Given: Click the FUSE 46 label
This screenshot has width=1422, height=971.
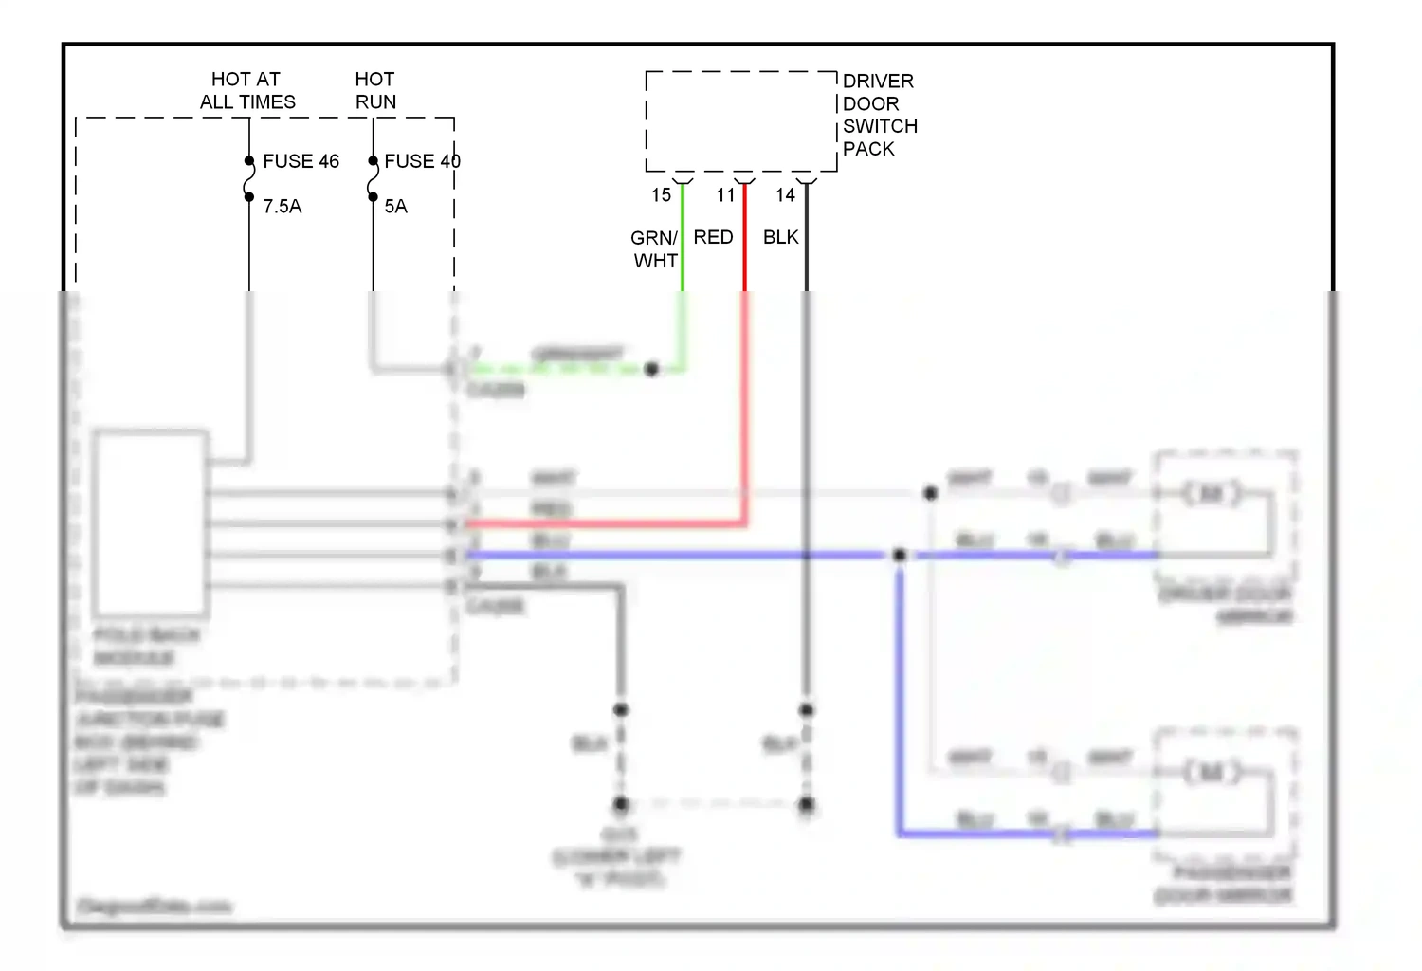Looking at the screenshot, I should coord(301,161).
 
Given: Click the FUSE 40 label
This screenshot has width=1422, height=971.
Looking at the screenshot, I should coord(422,161).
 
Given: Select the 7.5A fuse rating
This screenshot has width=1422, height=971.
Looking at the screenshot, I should coord(282,207).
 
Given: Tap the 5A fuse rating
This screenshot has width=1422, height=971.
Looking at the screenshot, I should coord(395,207).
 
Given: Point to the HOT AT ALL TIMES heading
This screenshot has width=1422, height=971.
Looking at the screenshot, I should coord(247,90).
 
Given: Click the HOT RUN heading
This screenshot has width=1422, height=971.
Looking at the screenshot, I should coord(375,90).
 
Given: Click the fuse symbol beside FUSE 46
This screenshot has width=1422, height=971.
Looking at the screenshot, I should coord(249,179).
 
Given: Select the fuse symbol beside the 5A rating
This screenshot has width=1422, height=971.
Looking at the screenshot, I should coord(373,179).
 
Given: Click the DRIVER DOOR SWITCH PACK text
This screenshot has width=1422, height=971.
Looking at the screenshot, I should coord(879,115).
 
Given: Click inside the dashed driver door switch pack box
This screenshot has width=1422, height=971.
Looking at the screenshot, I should coord(740,120).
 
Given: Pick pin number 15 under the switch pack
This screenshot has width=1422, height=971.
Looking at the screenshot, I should coord(661,195).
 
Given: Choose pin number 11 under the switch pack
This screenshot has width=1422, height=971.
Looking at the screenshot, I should coord(725,195).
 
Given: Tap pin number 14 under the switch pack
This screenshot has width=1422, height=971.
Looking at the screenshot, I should coord(785,195).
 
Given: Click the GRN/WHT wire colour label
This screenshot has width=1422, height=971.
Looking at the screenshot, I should coord(655,249).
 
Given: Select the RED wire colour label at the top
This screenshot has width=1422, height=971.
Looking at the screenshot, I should coord(713,237).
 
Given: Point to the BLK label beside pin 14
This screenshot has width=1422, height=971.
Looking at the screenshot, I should coord(780,237).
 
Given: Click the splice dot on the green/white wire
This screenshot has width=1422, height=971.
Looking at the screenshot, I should coord(651,370).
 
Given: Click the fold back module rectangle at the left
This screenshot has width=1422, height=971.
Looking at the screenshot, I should coord(151,523).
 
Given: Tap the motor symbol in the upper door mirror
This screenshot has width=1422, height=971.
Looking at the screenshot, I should coord(1212,493).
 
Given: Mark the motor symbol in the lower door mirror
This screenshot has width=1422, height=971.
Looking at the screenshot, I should coord(1212,772).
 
